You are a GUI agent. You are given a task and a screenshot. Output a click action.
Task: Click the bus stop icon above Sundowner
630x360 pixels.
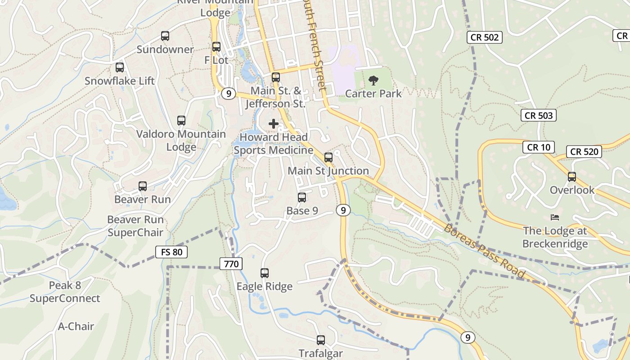[165, 36]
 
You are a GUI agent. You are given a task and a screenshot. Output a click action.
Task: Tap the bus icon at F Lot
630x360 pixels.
[216, 46]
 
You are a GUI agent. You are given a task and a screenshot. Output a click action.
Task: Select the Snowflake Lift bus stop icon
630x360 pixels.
[120, 67]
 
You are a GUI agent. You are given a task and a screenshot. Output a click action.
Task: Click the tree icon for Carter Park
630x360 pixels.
[373, 81]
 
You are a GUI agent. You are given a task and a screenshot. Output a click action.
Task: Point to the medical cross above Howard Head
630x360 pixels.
[274, 124]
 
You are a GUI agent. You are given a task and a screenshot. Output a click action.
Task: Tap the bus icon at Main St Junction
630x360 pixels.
[328, 157]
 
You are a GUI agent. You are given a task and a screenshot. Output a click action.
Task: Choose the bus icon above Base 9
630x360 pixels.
[302, 197]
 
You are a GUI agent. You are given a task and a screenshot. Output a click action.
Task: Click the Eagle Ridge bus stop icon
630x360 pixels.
[265, 273]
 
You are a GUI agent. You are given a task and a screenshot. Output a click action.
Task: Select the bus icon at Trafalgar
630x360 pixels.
[321, 340]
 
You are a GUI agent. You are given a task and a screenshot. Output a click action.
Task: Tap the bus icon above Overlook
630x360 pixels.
[572, 177]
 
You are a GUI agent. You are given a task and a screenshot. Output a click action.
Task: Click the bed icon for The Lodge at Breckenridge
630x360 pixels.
[555, 217]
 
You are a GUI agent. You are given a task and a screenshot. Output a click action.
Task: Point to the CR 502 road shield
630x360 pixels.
[484, 37]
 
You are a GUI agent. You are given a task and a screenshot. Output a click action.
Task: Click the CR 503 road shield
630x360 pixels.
[539, 116]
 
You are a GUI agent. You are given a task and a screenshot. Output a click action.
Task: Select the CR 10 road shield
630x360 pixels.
[539, 147]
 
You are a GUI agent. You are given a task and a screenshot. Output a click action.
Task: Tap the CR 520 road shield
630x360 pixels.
[585, 152]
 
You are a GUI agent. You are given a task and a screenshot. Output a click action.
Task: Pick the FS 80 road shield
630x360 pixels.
[171, 252]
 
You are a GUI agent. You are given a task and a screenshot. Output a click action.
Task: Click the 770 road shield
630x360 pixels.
[231, 264]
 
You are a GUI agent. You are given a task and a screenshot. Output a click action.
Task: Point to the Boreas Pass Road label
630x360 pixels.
[485, 251]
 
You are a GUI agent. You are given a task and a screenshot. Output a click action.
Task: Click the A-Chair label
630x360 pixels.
[76, 326]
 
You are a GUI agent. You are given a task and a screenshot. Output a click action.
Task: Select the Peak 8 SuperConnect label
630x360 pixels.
[65, 292]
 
